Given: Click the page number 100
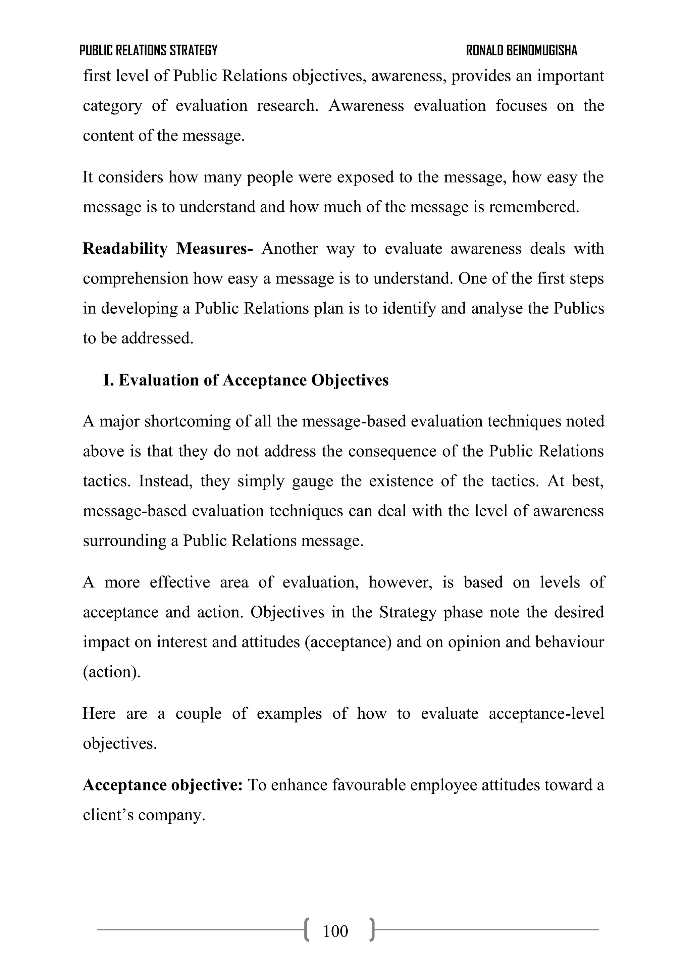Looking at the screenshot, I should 335,931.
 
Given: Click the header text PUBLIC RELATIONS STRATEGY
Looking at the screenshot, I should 148,51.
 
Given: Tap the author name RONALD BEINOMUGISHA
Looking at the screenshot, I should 522,51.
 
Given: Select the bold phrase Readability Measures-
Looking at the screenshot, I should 168,249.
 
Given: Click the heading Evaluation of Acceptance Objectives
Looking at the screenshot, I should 253,380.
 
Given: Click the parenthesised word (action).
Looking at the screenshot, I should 111,672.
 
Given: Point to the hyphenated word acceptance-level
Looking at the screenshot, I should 546,713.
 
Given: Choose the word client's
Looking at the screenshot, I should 108,815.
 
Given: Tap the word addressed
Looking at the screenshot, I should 157,338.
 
